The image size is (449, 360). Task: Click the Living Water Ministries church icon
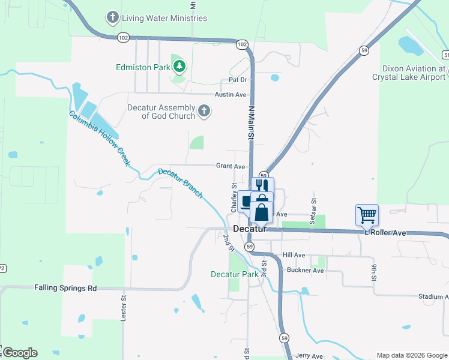112,17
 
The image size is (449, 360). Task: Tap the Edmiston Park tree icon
179,66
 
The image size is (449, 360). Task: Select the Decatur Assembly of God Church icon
204,110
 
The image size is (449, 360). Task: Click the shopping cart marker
367,214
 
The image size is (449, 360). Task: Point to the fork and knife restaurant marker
262,186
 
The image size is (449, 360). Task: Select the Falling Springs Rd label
65,288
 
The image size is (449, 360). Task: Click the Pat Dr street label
238,80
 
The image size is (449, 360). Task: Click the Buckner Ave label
306,271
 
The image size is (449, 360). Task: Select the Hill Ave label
294,255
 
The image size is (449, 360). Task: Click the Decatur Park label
234,274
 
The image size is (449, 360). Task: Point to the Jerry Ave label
309,356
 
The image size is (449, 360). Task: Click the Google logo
20,353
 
